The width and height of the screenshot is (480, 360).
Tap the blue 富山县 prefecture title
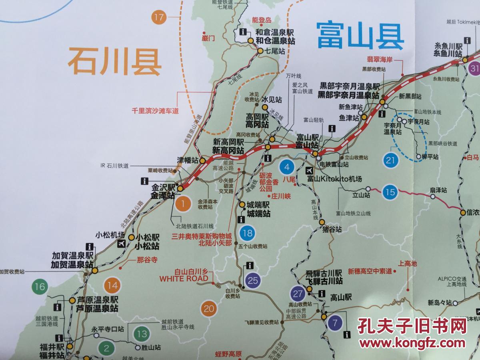[360, 35]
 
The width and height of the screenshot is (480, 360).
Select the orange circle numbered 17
[159, 17]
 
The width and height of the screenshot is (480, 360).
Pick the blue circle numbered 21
[392, 161]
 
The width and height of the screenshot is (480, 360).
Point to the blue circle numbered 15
[390, 192]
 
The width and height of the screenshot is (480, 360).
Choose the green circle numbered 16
[40, 286]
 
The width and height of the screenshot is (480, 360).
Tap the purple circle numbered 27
[298, 294]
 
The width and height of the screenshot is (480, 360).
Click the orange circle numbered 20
[209, 309]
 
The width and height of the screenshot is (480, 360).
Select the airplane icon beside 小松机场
[121, 244]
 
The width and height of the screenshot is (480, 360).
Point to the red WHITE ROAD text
[184, 278]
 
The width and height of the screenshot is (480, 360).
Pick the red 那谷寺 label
[147, 260]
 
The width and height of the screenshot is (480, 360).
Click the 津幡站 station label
[188, 160]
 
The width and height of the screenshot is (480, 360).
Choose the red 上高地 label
[408, 263]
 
